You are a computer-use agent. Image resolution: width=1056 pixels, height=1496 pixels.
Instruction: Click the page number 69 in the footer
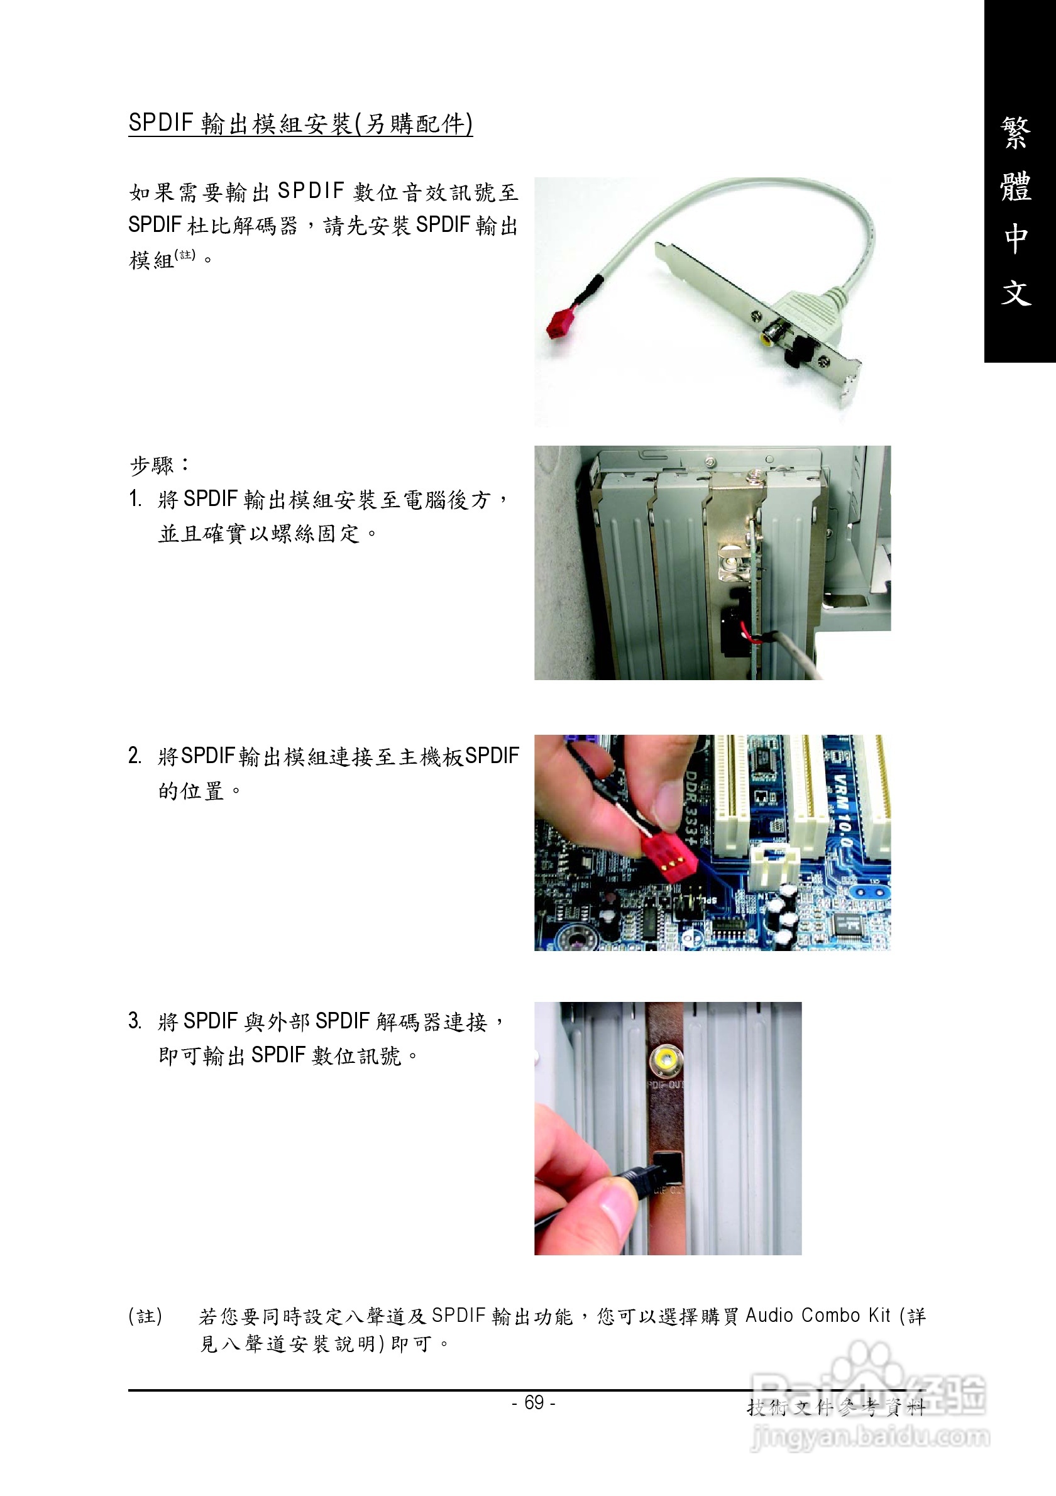534,1402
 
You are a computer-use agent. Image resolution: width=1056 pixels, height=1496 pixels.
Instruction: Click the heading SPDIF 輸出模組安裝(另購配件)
300,123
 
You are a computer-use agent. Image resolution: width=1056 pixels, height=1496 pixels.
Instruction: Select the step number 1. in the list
135,499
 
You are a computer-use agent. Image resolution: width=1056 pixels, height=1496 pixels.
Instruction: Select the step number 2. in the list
135,756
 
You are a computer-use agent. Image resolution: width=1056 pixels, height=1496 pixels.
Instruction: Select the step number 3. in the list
135,1020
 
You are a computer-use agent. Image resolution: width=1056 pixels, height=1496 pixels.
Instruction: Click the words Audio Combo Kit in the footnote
817,1316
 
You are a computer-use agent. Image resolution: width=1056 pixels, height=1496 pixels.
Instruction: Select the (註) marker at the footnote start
145,1317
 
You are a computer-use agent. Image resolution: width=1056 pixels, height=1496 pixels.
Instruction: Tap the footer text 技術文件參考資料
836,1408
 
